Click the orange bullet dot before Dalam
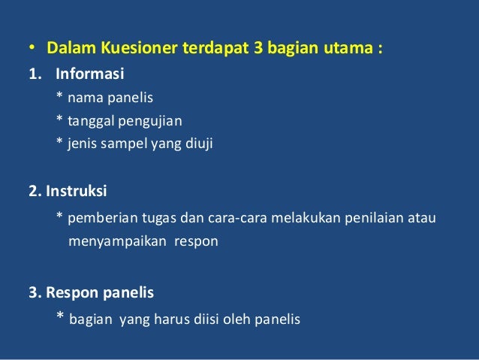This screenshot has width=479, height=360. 32,52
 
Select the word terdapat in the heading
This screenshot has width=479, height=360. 214,50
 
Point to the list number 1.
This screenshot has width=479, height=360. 33,74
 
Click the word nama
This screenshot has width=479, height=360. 83,97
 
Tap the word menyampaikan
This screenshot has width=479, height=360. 113,242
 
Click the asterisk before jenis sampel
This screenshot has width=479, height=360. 59,142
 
